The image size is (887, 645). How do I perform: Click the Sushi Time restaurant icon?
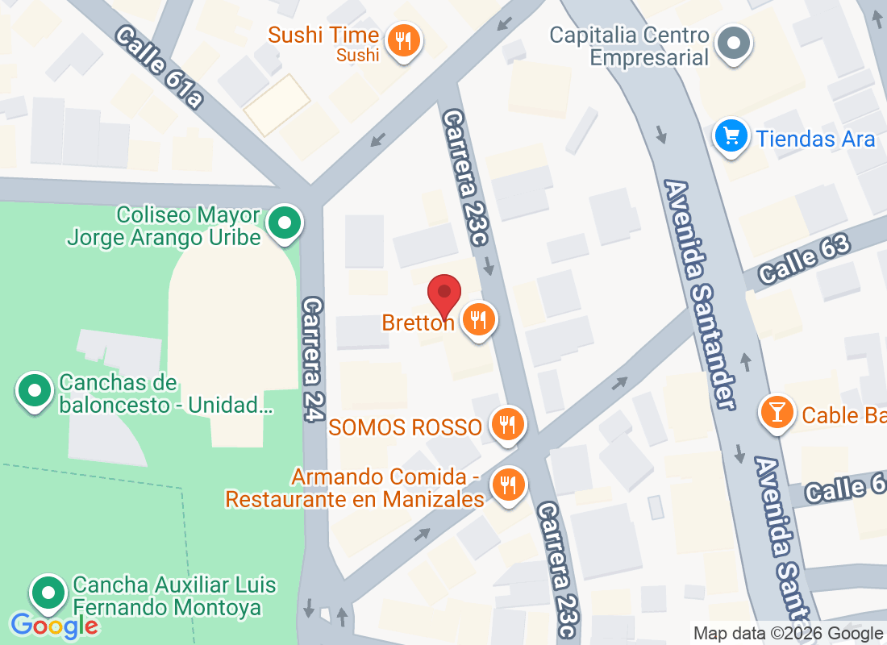coord(401,41)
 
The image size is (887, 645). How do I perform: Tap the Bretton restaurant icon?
coord(479,320)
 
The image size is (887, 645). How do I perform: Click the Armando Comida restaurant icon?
coord(507,485)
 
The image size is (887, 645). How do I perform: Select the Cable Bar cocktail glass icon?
coord(777,413)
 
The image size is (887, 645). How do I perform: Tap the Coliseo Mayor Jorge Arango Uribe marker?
coord(284,223)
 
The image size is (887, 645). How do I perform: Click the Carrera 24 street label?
coord(314,359)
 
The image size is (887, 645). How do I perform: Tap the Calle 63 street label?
coord(804,258)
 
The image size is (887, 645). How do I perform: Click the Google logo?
coord(54,625)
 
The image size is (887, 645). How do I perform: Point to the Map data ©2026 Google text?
coord(788,634)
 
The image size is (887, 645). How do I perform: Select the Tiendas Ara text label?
coord(815,139)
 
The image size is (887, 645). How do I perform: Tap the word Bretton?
coord(419,323)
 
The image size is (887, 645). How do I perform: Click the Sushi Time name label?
coord(323,35)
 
